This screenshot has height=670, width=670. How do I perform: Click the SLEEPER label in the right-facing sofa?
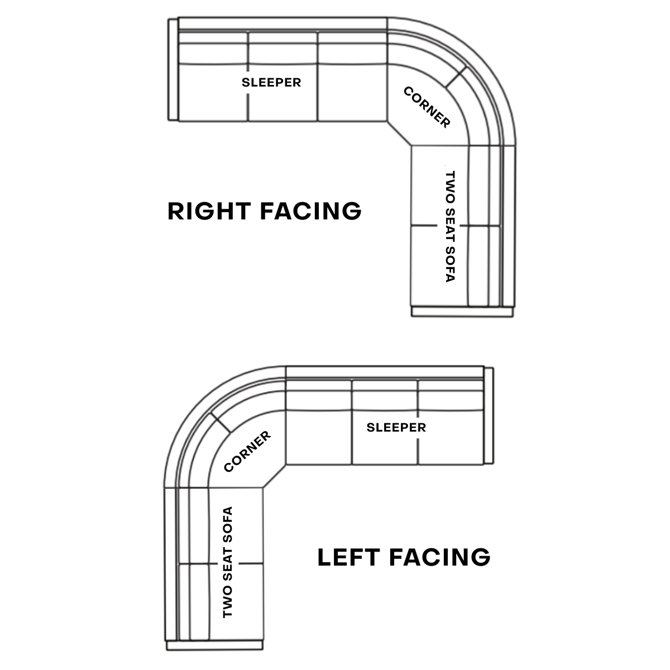click(271, 83)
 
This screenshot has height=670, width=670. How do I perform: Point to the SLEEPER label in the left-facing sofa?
click(396, 428)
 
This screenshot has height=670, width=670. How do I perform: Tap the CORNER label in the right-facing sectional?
click(427, 107)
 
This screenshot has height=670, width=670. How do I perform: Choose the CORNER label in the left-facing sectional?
click(247, 451)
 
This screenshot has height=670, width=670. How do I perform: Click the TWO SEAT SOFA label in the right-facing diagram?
click(451, 226)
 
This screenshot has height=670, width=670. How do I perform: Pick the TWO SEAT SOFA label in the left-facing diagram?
click(227, 562)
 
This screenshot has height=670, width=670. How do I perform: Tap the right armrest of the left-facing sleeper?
click(489, 415)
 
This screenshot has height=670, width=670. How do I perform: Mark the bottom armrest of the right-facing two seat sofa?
click(462, 312)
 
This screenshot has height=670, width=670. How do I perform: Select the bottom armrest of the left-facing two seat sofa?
click(214, 645)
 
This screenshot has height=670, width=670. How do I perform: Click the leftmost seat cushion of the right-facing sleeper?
click(213, 92)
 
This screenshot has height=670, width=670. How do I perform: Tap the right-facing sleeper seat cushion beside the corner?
click(352, 92)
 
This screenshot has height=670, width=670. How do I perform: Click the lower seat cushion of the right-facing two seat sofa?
click(438, 265)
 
